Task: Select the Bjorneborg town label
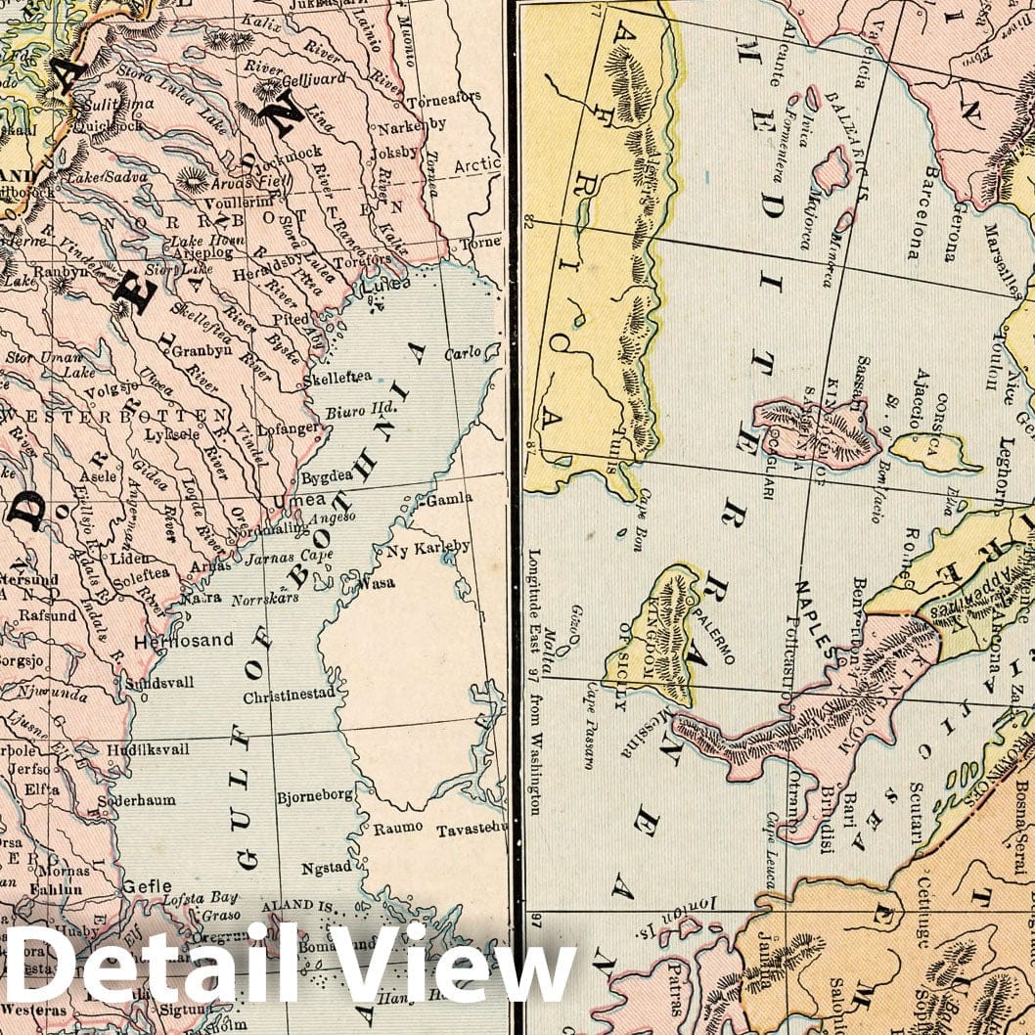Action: pyautogui.click(x=314, y=795)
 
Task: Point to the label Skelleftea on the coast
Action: pyautogui.click(x=337, y=377)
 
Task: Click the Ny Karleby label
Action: pyautogui.click(x=427, y=546)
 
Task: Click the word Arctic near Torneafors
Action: pyautogui.click(x=476, y=165)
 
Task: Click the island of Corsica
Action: pyautogui.click(x=936, y=451)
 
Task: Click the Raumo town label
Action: pyautogui.click(x=398, y=828)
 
